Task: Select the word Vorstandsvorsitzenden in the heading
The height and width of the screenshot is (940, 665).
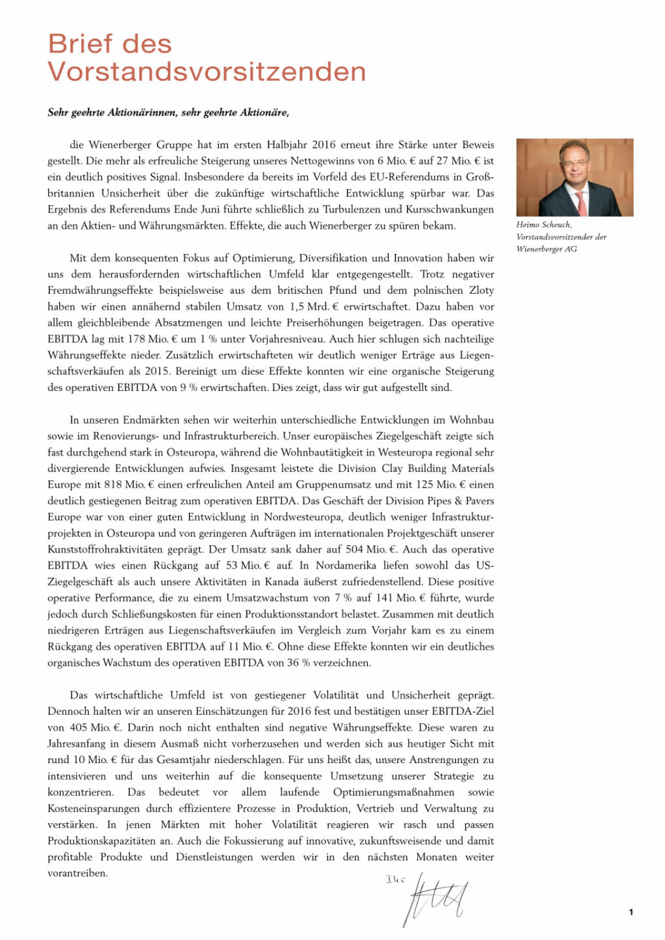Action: [206, 72]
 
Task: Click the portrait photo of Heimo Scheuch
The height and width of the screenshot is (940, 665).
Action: [574, 177]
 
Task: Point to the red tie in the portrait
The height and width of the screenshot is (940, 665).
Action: [581, 202]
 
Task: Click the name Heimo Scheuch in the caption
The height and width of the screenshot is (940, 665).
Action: [543, 225]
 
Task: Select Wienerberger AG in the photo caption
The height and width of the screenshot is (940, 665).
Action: [546, 249]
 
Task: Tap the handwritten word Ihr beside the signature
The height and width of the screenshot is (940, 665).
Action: [395, 880]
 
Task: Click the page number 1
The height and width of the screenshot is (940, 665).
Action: [630, 912]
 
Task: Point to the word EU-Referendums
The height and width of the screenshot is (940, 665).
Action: [412, 177]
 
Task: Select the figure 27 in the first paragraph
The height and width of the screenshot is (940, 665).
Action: [442, 161]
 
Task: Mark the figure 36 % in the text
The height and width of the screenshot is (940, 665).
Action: [298, 663]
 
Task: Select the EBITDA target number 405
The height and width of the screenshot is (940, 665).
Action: [77, 728]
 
